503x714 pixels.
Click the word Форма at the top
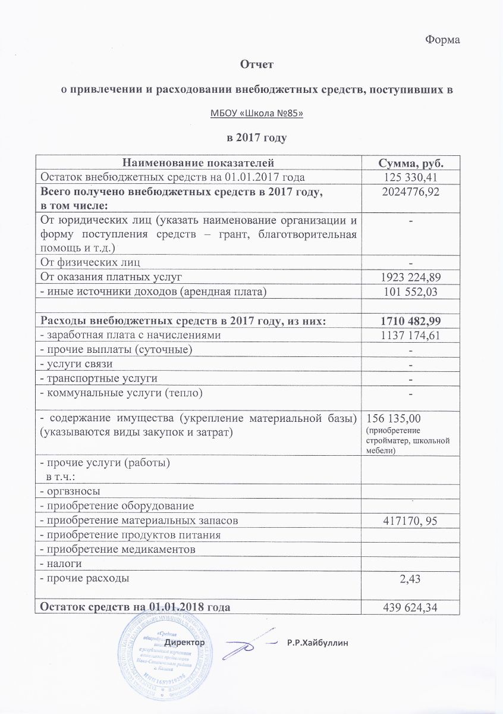tap(444, 40)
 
